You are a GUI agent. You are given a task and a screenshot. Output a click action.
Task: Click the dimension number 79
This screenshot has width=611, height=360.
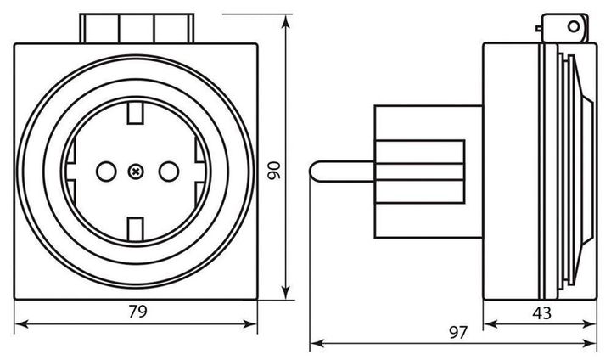[137, 312]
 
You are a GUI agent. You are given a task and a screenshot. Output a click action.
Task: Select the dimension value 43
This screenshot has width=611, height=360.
[542, 312]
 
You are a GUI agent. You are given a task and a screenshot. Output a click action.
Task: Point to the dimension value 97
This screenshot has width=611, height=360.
[458, 333]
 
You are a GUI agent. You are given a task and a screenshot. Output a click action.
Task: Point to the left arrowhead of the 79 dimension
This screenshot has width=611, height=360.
[20, 323]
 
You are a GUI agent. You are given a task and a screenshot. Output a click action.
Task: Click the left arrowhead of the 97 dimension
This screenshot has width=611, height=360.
[314, 344]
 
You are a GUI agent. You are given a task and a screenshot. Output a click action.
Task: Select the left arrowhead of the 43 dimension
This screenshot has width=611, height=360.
[487, 323]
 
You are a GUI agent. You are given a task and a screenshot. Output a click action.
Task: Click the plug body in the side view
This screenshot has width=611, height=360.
[420, 170]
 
